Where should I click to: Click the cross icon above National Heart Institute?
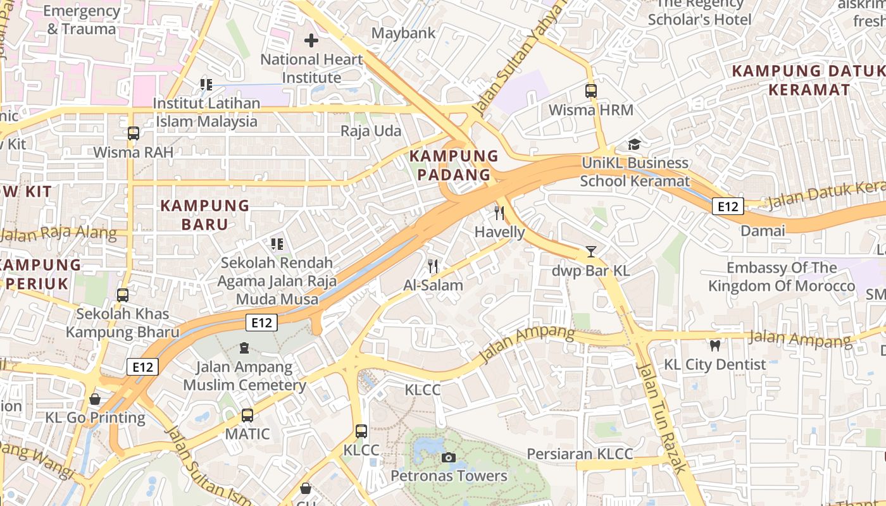pyautogui.click(x=311, y=41)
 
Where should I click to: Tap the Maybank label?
pyautogui.click(x=403, y=33)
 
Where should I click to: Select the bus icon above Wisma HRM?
pyautogui.click(x=590, y=91)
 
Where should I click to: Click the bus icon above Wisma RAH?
pyautogui.click(x=133, y=133)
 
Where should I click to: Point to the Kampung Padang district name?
pyautogui.click(x=454, y=165)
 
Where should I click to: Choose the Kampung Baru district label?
pyautogui.click(x=204, y=215)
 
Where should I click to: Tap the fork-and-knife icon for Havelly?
pyautogui.click(x=499, y=213)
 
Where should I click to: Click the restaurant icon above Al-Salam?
pyautogui.click(x=433, y=266)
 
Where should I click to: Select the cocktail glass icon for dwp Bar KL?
pyautogui.click(x=590, y=252)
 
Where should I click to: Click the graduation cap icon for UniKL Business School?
pyautogui.click(x=634, y=144)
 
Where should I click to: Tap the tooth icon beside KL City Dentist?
pyautogui.click(x=715, y=345)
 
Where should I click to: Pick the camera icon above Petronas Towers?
pyautogui.click(x=449, y=457)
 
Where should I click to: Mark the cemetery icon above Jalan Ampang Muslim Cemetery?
pyautogui.click(x=244, y=348)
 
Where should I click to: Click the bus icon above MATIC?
pyautogui.click(x=247, y=416)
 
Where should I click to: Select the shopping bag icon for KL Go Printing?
pyautogui.click(x=95, y=399)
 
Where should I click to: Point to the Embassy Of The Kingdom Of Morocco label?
pyautogui.click(x=782, y=277)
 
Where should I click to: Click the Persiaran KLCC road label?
pyautogui.click(x=580, y=454)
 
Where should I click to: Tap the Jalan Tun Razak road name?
pyautogui.click(x=661, y=417)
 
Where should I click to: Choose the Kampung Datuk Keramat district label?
pyautogui.click(x=809, y=80)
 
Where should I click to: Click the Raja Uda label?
pyautogui.click(x=371, y=131)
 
